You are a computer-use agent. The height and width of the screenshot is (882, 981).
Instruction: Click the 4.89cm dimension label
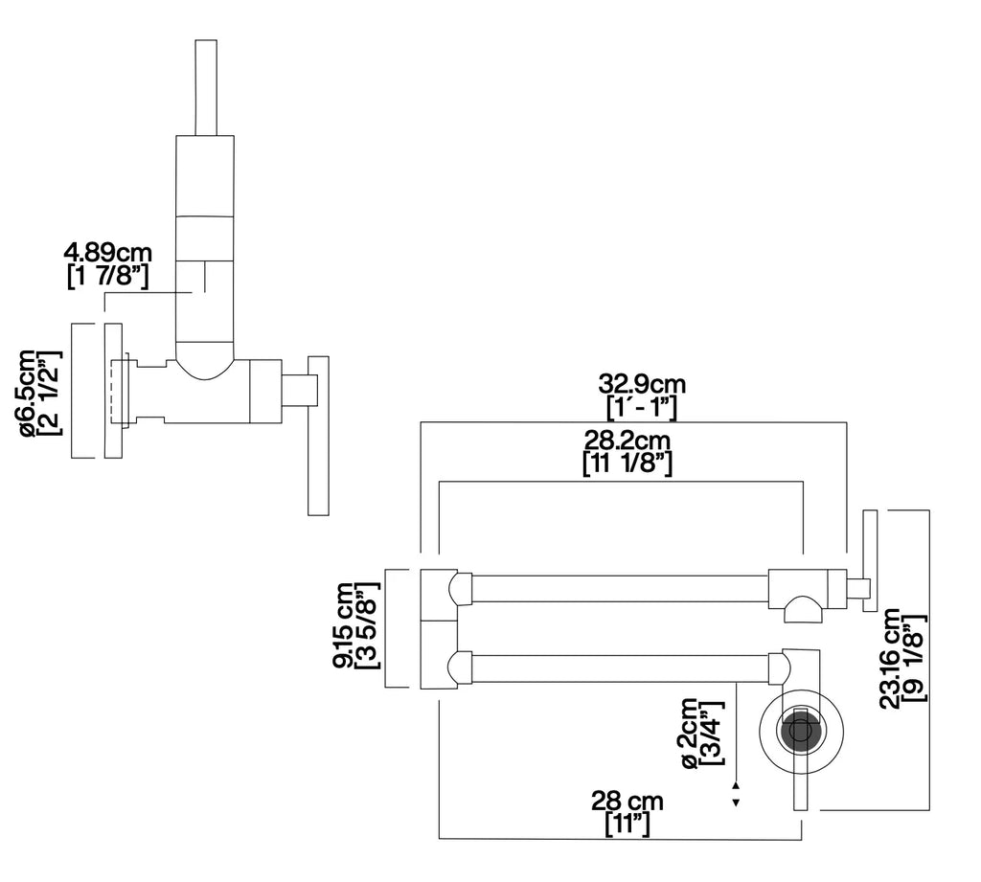[x=107, y=253]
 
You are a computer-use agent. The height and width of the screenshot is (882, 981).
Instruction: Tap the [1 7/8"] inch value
[x=107, y=277]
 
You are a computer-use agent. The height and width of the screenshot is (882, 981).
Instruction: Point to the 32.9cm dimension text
[x=642, y=383]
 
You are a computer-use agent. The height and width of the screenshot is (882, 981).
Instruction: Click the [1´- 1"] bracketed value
[x=642, y=407]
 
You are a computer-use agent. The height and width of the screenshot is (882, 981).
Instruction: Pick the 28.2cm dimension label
[x=627, y=441]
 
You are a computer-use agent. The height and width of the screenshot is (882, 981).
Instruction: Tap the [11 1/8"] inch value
[x=627, y=464]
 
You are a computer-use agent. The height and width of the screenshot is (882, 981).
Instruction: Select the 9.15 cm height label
[x=344, y=626]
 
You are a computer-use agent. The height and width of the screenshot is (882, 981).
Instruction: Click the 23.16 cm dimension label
[x=890, y=658]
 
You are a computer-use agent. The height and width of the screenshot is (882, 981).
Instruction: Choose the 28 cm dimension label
[x=627, y=802]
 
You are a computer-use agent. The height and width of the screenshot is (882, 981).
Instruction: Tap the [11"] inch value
[x=627, y=825]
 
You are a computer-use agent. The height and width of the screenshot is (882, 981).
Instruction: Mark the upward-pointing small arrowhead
[x=737, y=784]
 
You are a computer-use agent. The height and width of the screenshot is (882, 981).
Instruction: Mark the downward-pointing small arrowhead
[x=737, y=803]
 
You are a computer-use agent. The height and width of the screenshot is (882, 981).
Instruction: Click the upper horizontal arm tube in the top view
[x=620, y=589]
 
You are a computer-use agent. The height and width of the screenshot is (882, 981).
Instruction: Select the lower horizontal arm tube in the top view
[x=620, y=668]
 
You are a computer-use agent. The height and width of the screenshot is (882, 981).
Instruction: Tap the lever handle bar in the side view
[x=318, y=436]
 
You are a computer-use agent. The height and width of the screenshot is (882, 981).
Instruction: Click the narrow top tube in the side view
[x=207, y=87]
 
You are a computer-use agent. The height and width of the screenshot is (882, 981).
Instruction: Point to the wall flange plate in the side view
[x=113, y=391]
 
